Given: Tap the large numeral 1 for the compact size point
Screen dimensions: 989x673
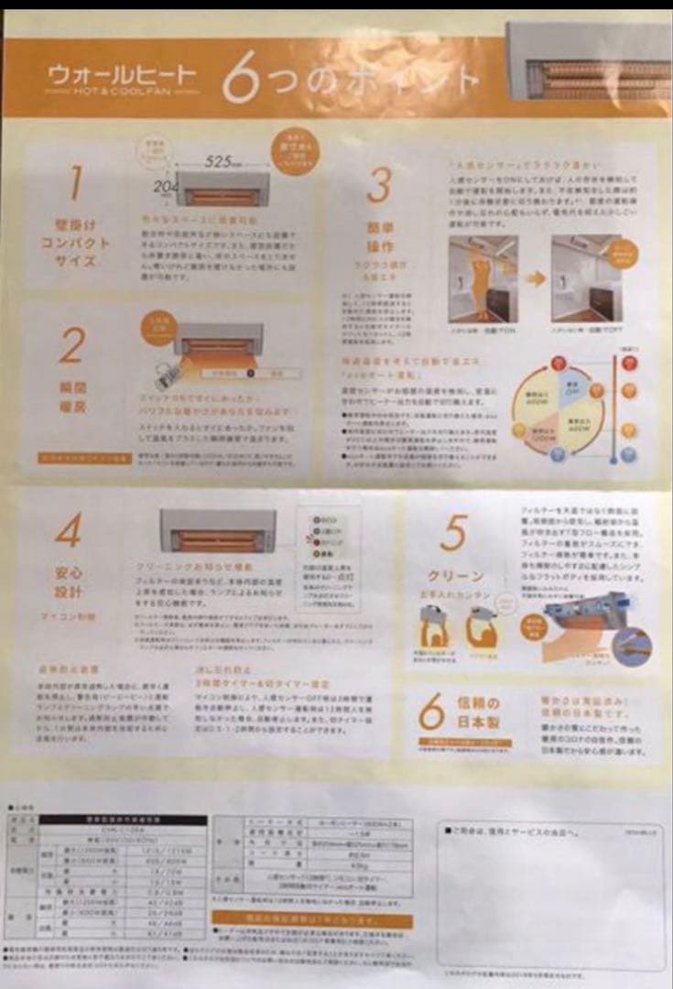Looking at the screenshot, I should (74, 183).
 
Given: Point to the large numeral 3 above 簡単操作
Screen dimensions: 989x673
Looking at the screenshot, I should (377, 184).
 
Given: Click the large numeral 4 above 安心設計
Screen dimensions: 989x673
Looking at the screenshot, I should (68, 530).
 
